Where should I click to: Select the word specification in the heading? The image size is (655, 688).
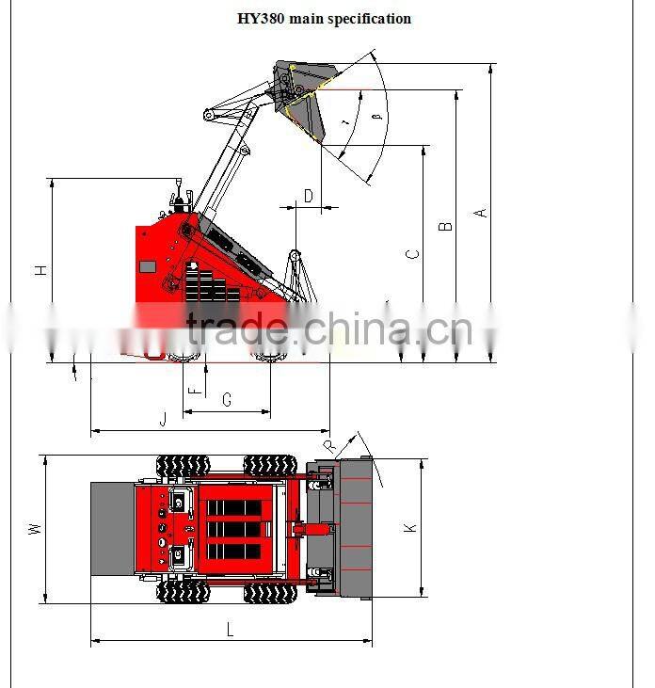(x=370, y=19)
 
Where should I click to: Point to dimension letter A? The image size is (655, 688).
(x=481, y=213)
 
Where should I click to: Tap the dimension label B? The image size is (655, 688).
(x=447, y=226)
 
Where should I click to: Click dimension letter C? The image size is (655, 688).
(x=411, y=254)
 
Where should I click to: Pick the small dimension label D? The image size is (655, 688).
(x=308, y=196)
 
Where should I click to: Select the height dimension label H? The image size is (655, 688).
(x=40, y=270)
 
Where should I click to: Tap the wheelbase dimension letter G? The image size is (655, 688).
(x=227, y=400)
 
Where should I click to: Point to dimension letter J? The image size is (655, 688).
(x=163, y=419)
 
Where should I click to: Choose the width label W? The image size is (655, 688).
(x=35, y=529)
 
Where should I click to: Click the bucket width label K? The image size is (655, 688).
(x=410, y=529)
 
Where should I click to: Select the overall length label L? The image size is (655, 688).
(x=230, y=631)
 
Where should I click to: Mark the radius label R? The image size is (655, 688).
(x=328, y=445)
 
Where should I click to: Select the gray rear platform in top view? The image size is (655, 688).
(x=112, y=529)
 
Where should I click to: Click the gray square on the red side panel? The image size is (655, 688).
(x=148, y=266)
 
